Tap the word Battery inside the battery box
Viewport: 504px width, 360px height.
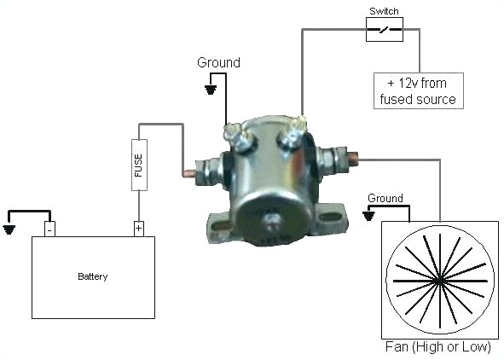[93, 276]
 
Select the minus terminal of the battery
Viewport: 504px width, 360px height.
[50, 229]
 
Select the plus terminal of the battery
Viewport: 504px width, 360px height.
[138, 229]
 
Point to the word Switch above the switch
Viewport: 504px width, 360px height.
[384, 12]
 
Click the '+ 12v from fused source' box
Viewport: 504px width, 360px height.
[417, 91]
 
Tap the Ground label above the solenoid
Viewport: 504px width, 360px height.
[219, 62]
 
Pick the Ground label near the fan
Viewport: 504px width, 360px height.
[385, 198]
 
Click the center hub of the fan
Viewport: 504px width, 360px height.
[439, 279]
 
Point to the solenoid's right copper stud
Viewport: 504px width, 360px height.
[351, 158]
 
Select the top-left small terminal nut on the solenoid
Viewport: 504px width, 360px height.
[232, 132]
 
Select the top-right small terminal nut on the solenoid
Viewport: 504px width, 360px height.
[295, 129]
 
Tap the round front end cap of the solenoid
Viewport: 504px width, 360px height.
[272, 220]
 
